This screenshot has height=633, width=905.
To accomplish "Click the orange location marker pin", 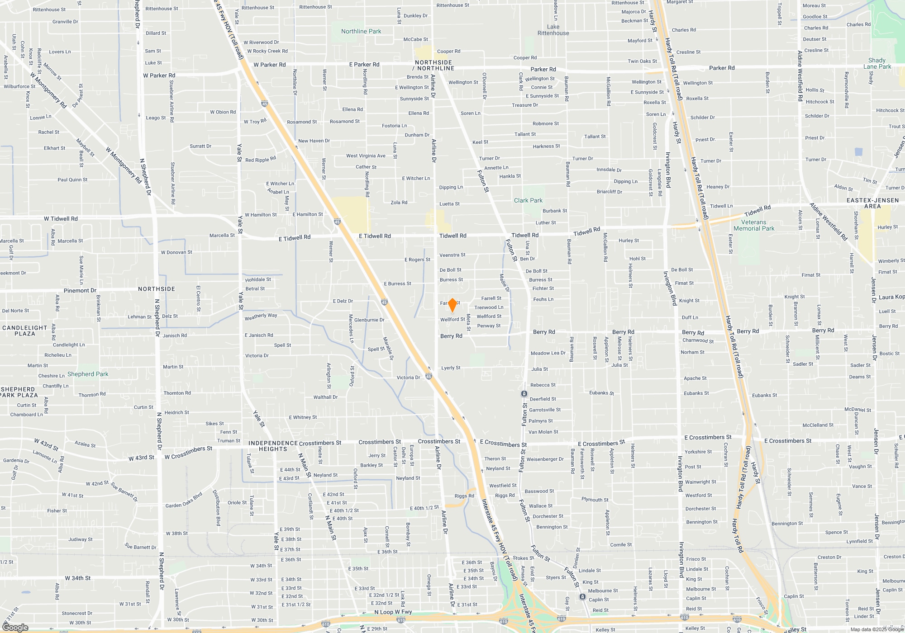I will [452, 305].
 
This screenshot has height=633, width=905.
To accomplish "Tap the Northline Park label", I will [361, 31].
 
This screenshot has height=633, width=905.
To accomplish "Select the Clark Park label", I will [528, 200].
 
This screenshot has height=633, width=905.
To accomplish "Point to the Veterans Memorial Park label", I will [754, 225].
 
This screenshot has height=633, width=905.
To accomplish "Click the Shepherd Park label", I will [88, 374].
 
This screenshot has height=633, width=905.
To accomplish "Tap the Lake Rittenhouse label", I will [553, 30].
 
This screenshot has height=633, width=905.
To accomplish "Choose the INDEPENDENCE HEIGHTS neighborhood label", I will [273, 446].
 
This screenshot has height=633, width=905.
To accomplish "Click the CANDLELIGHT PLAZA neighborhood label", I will [25, 331].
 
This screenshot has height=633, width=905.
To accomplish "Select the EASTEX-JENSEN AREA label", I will [872, 203].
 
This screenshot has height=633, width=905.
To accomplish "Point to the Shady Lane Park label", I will [877, 63].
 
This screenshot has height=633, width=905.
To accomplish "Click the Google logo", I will [15, 627].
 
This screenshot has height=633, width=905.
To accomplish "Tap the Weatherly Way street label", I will [261, 316].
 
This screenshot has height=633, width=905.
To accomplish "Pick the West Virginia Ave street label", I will [366, 156].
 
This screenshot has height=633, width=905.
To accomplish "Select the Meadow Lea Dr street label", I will [548, 353].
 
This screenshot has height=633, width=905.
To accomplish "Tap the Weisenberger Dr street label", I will [545, 459].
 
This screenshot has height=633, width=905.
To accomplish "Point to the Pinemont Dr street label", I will [80, 290].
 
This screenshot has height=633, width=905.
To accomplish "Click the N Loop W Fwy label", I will [393, 612].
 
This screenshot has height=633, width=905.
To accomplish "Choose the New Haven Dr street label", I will [314, 141].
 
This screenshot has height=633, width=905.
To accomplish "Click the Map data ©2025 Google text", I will [876, 629].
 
